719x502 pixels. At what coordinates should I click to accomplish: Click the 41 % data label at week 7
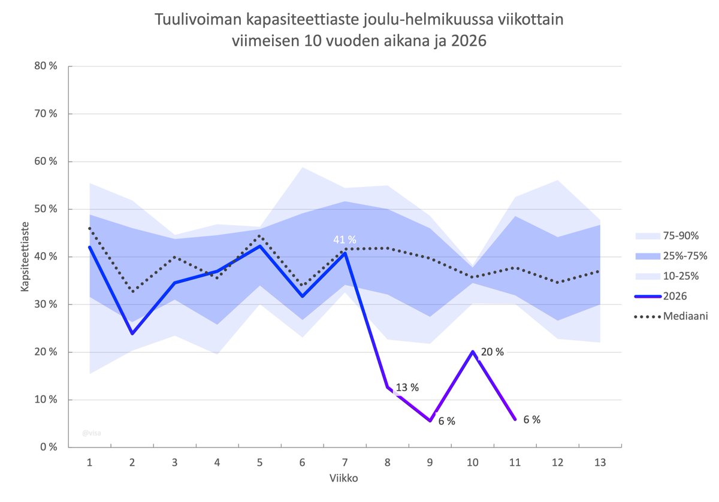click(x=345, y=240)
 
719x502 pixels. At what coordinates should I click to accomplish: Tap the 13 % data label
click(x=407, y=388)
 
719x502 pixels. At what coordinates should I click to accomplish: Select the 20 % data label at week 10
click(x=492, y=352)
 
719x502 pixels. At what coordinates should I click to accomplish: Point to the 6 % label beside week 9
click(x=446, y=421)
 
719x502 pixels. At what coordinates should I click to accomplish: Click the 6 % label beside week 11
click(x=531, y=420)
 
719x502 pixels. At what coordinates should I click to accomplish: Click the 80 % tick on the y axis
click(x=46, y=66)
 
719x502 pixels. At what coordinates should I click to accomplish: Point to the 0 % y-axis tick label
click(x=48, y=447)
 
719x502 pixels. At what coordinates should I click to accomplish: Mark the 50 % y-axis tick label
click(x=46, y=209)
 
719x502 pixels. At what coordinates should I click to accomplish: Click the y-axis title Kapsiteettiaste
click(x=25, y=256)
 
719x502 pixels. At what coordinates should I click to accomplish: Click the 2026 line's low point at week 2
click(x=132, y=333)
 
